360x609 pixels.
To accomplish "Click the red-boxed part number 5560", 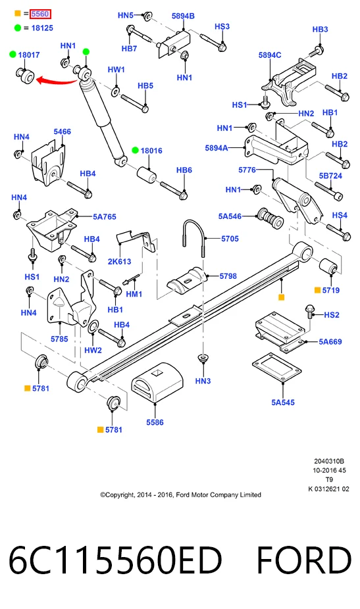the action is (x=40, y=14).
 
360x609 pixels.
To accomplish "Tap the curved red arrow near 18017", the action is (x=57, y=81).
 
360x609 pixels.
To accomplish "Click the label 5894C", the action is (x=270, y=55).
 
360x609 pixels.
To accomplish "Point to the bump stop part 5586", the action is (x=157, y=383).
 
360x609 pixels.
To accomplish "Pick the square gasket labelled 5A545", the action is (x=276, y=368).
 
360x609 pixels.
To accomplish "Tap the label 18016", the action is (x=151, y=151).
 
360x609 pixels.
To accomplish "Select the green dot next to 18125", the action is (x=18, y=28).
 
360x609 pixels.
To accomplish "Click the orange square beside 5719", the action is (x=317, y=290).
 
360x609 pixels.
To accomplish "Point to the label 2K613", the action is (x=119, y=261).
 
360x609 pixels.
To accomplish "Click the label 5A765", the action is (x=104, y=217).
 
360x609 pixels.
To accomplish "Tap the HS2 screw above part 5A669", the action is (x=310, y=312).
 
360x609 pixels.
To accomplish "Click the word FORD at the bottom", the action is (x=304, y=560).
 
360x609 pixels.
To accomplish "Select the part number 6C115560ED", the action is (x=115, y=560).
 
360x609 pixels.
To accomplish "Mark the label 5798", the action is (x=228, y=276).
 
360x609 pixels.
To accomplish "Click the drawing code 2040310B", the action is (x=329, y=461).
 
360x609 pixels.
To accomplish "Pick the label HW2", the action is (x=93, y=350).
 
